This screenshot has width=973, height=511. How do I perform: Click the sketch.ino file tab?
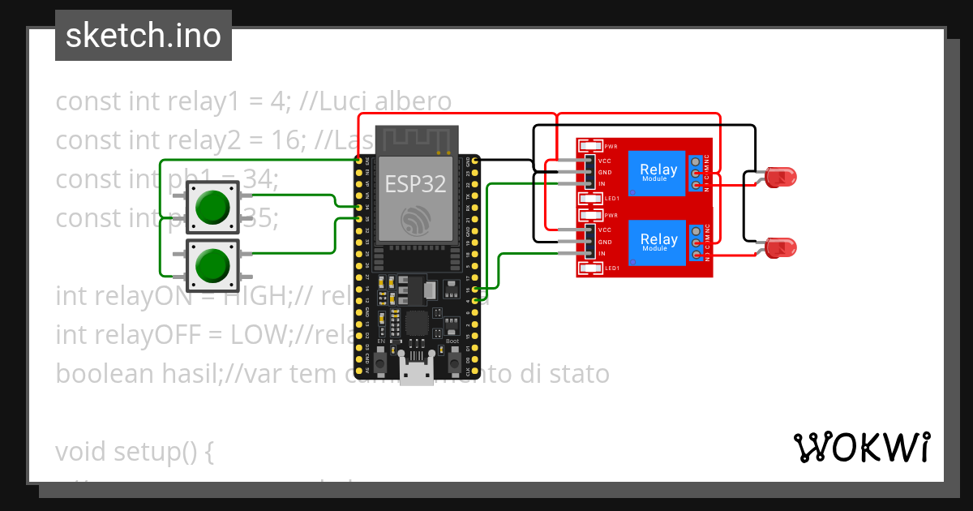(144, 36)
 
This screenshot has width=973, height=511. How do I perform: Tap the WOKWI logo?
(861, 447)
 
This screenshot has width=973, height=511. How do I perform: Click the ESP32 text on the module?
(415, 184)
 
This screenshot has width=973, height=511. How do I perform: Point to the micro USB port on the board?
(415, 375)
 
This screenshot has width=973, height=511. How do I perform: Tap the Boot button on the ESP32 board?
(452, 355)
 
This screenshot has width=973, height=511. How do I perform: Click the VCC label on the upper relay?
(605, 161)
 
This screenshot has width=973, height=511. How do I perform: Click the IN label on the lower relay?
(602, 254)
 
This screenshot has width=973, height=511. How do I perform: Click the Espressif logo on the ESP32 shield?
(415, 219)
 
